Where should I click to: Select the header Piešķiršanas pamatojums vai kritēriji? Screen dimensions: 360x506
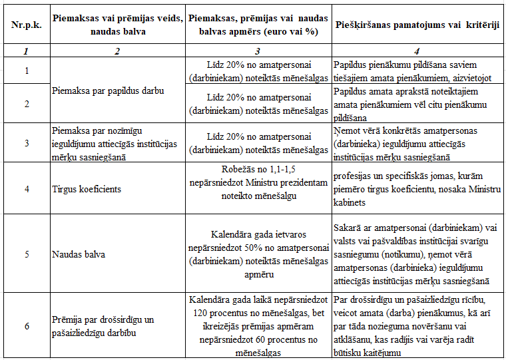(416, 24)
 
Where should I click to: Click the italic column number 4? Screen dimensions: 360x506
(416, 50)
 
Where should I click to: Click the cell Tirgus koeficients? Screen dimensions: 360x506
(87, 189)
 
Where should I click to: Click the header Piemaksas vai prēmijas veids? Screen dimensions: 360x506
(117, 19)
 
